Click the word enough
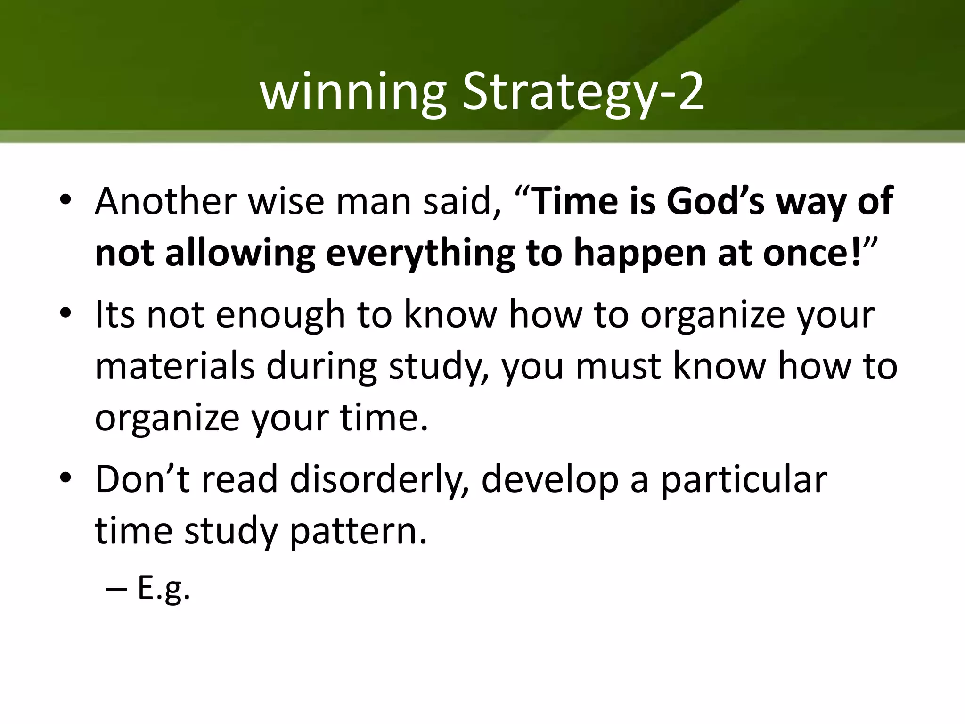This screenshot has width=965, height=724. pyautogui.click(x=280, y=315)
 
